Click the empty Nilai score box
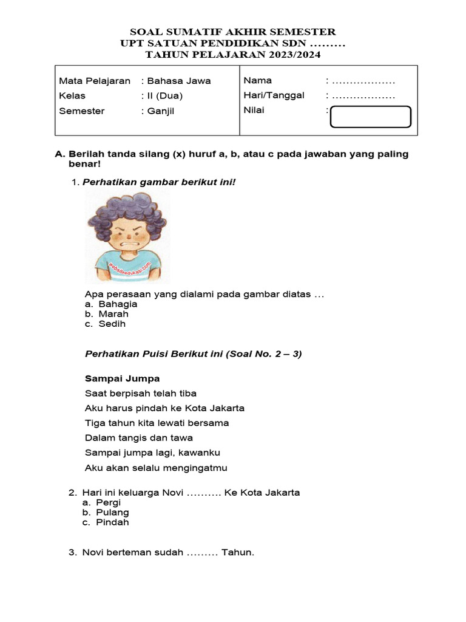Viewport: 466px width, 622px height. pos(370,117)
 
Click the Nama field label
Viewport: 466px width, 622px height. pos(258,80)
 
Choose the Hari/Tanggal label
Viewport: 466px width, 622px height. pos(274,95)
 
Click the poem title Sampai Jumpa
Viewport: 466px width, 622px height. pos(122,378)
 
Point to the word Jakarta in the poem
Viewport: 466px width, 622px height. pos(223,408)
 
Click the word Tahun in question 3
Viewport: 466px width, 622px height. pos(238,552)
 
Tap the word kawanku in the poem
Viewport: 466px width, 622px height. pos(199,453)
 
